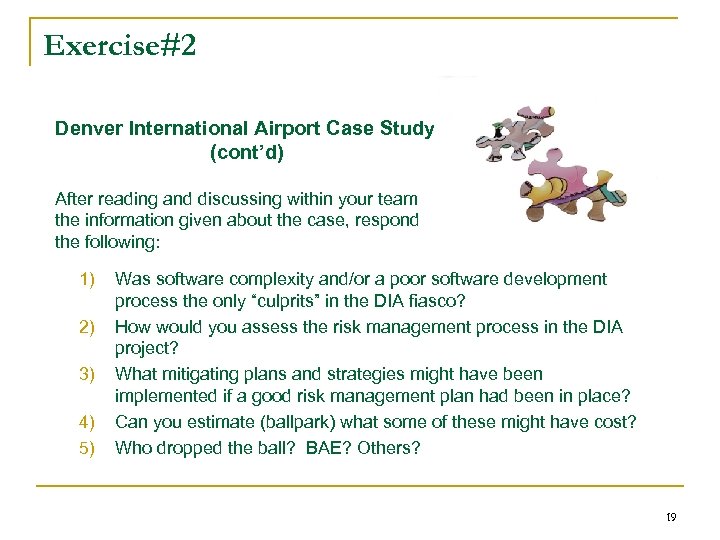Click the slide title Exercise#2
(120, 46)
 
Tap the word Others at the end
(389, 447)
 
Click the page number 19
(671, 518)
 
